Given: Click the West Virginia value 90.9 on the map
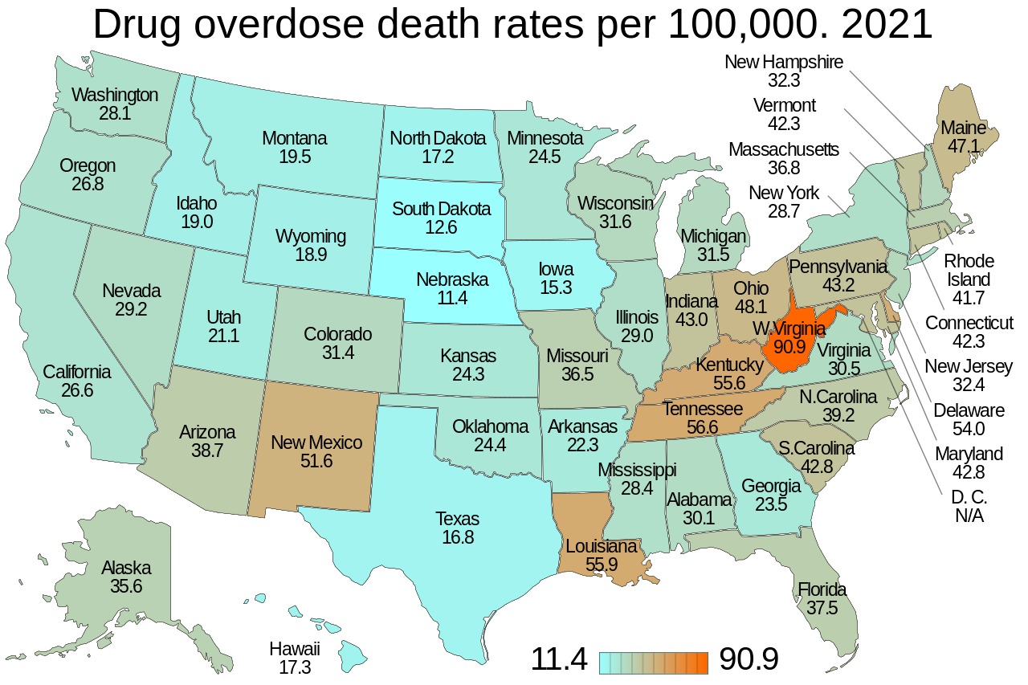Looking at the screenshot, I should click(x=790, y=349).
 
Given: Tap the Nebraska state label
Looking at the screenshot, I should click(x=452, y=280).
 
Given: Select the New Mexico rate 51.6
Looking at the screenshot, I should click(x=316, y=462).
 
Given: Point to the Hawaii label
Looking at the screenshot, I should click(x=295, y=649).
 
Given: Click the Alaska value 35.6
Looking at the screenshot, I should click(x=126, y=586).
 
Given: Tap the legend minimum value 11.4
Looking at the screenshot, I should click(x=559, y=660).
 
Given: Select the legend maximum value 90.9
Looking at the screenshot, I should click(x=749, y=660).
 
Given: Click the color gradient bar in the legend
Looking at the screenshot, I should click(x=654, y=662).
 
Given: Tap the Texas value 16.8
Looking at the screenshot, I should click(x=457, y=536).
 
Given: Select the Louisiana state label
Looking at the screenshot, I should click(x=601, y=546).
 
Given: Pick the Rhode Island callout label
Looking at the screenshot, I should click(x=969, y=270).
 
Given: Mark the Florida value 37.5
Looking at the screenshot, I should click(x=822, y=609).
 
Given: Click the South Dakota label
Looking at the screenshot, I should click(x=441, y=209).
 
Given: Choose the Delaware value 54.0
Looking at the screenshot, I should click(x=969, y=430).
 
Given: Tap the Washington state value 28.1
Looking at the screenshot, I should click(x=115, y=113).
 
